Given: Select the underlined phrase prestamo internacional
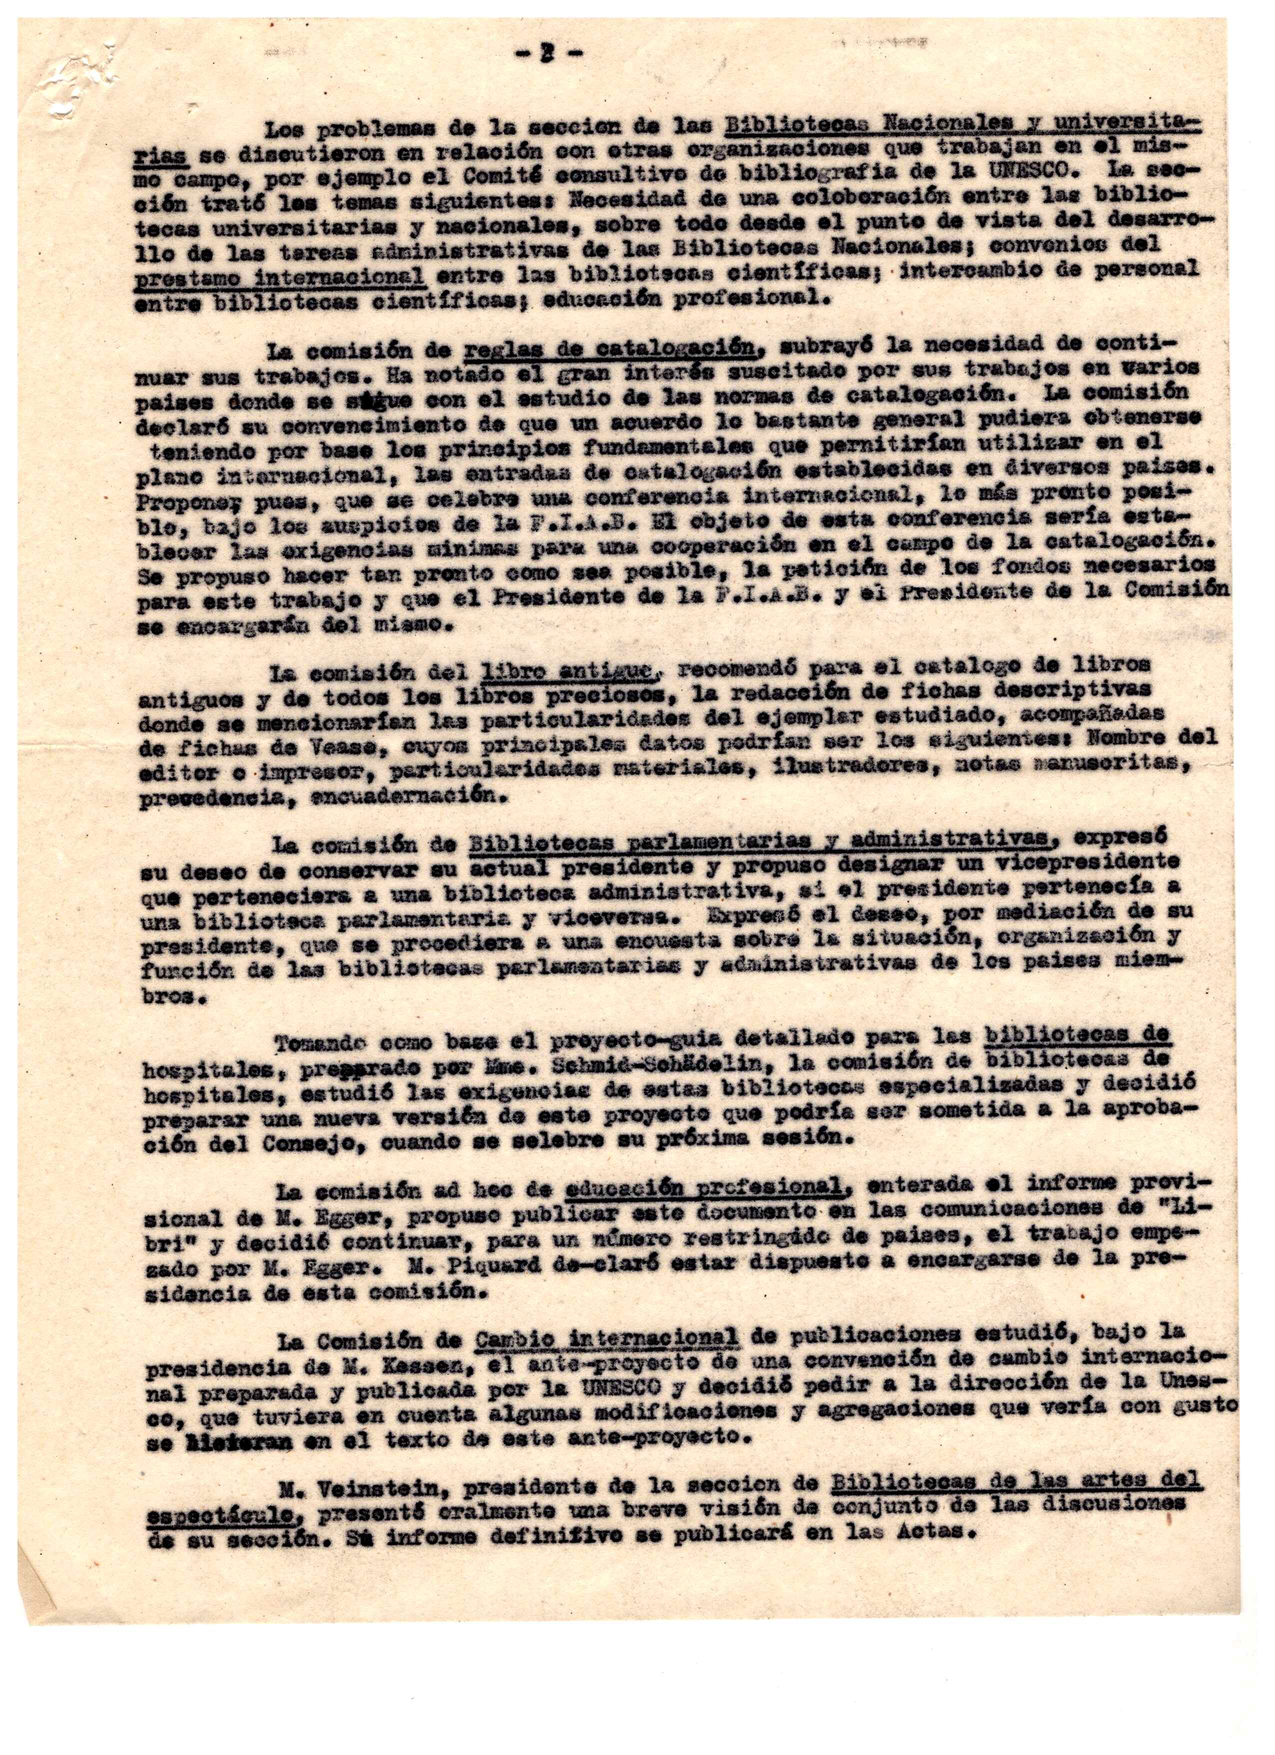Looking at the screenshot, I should coord(279,276).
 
